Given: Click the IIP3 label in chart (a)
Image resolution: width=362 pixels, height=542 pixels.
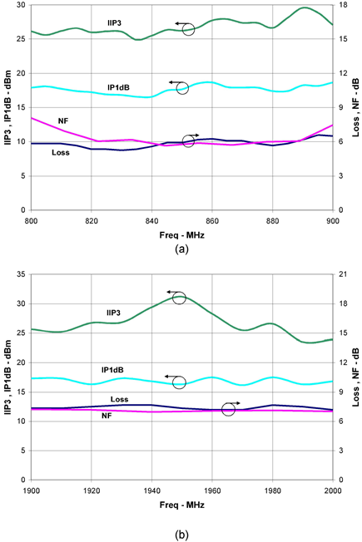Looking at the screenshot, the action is (114, 23).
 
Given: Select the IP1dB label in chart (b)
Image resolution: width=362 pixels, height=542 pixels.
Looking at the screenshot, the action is (112, 370).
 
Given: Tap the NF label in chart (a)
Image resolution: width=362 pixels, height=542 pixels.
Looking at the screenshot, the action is (63, 121).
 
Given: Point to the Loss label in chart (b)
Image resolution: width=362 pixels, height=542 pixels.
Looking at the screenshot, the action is (119, 399).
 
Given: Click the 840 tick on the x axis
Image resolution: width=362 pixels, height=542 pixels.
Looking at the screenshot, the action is (151, 221).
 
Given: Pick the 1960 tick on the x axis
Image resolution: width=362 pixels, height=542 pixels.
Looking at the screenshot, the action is (212, 491).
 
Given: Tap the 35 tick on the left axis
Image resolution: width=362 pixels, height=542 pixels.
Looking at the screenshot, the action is (22, 274).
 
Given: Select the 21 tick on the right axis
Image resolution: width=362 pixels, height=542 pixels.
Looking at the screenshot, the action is (340, 274).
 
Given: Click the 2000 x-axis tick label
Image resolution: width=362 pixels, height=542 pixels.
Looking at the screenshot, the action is (333, 491).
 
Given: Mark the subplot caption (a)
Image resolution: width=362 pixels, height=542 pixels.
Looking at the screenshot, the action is (181, 249).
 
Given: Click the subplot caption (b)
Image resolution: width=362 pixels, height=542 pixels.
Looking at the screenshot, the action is (181, 535).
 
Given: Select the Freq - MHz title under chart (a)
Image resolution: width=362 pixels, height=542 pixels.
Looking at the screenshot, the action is (181, 235).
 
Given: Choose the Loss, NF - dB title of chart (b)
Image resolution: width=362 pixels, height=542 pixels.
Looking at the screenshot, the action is (356, 377).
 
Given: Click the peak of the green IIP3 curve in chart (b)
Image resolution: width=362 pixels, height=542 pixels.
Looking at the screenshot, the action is (180, 296).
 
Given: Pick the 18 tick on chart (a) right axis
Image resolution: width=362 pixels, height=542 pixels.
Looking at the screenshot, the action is (340, 5).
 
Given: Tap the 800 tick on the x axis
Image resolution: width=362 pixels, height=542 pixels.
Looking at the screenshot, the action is (31, 221).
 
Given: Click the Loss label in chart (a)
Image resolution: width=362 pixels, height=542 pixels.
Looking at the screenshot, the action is (61, 152).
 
